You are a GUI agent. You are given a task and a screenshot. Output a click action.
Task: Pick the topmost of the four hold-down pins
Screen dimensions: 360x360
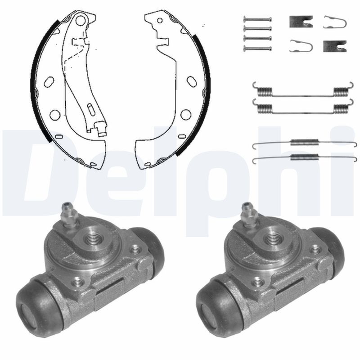[x=257, y=19]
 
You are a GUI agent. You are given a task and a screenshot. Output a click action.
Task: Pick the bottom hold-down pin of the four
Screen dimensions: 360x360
[x=257, y=48]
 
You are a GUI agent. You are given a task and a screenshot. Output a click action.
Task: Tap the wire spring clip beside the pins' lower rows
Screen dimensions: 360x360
[x=301, y=46]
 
